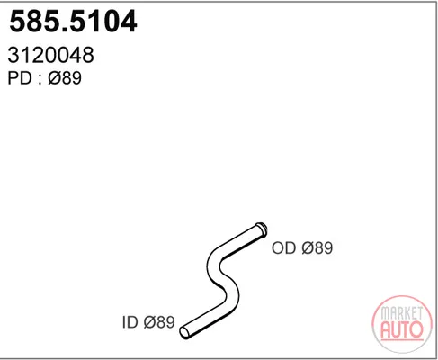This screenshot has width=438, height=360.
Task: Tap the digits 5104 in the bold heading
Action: point(103,21)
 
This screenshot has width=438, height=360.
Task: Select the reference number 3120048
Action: point(51,55)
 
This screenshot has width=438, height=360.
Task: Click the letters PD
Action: point(20,78)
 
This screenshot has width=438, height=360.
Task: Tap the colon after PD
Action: point(40,79)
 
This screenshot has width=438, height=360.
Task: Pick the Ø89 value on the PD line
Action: point(65,78)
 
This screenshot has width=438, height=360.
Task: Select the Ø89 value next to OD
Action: point(317,248)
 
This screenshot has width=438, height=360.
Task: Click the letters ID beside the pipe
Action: point(130,322)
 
